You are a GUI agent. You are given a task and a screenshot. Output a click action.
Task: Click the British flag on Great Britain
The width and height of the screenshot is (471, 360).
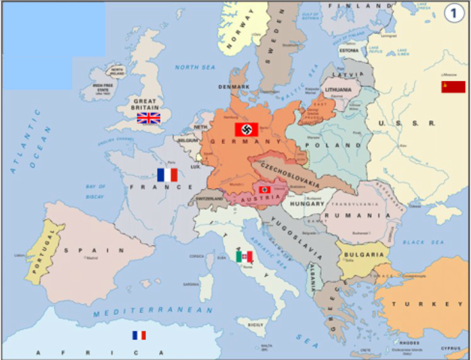coord(148,118)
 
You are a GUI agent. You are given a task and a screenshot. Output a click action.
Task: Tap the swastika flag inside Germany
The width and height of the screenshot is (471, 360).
coord(247,129)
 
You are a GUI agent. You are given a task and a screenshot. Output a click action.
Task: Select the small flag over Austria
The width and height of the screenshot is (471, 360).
coord(265,190)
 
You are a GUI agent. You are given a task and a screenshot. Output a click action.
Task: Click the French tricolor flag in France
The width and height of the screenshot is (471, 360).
coord(167,174)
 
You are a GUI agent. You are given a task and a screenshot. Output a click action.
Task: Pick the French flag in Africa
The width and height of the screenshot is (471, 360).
coord(139,335)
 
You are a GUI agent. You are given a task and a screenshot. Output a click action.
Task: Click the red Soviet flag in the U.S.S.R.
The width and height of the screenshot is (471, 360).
coord(453,87)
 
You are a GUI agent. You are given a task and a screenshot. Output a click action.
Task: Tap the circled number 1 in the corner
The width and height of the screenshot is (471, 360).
coord(453,13)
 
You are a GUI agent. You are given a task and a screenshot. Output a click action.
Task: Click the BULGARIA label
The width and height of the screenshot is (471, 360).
coord(364,255)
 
